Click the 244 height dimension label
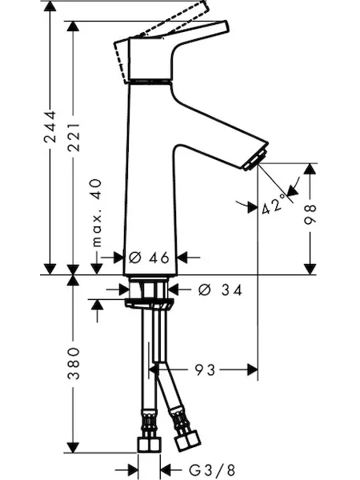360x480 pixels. (x=50, y=126)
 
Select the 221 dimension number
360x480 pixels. (x=74, y=137)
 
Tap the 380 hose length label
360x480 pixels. (x=74, y=363)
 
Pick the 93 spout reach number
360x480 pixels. (x=205, y=370)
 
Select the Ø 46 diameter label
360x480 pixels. (x=149, y=258)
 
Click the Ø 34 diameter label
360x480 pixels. (x=220, y=290)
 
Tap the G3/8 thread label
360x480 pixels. (x=212, y=470)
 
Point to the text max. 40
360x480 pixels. (x=97, y=213)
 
